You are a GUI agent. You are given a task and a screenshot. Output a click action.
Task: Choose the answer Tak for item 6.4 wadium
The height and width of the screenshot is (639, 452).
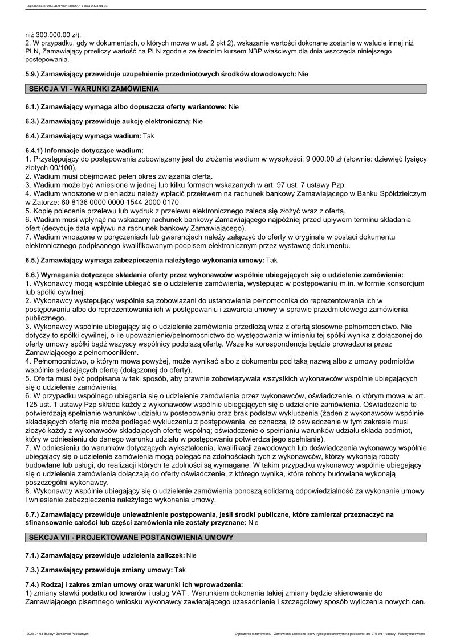point(148,136)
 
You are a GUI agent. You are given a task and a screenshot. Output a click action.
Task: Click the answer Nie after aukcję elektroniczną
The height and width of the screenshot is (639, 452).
point(198,121)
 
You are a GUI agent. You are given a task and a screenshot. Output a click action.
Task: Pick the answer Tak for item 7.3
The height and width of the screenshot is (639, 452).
point(180,570)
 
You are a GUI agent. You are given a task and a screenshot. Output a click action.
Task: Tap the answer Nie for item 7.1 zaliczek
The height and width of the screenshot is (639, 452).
point(192,555)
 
